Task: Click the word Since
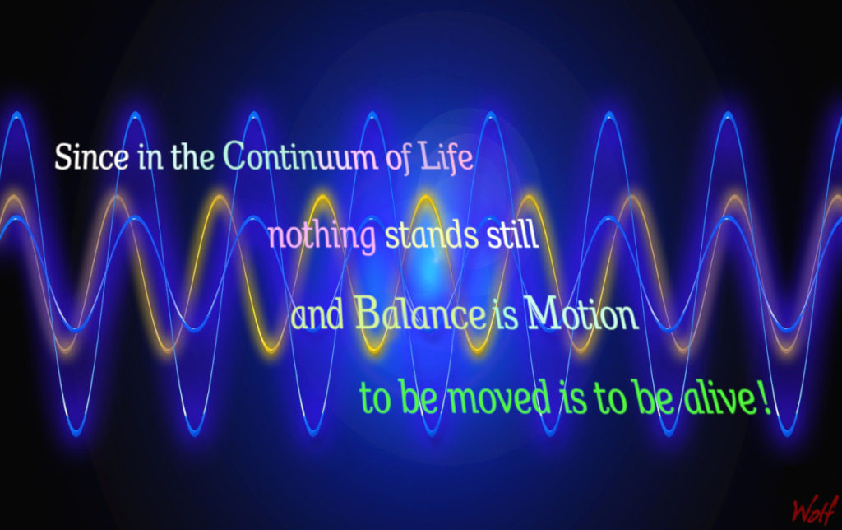click(x=91, y=157)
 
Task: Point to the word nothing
click(x=322, y=236)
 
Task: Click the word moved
click(x=499, y=397)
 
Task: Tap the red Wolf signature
click(x=815, y=509)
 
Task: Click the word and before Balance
click(x=317, y=315)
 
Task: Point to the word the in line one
click(x=192, y=156)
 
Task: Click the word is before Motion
click(x=507, y=316)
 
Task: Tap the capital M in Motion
click(x=543, y=314)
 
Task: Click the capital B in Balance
click(x=367, y=313)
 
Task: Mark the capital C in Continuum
click(x=236, y=156)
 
